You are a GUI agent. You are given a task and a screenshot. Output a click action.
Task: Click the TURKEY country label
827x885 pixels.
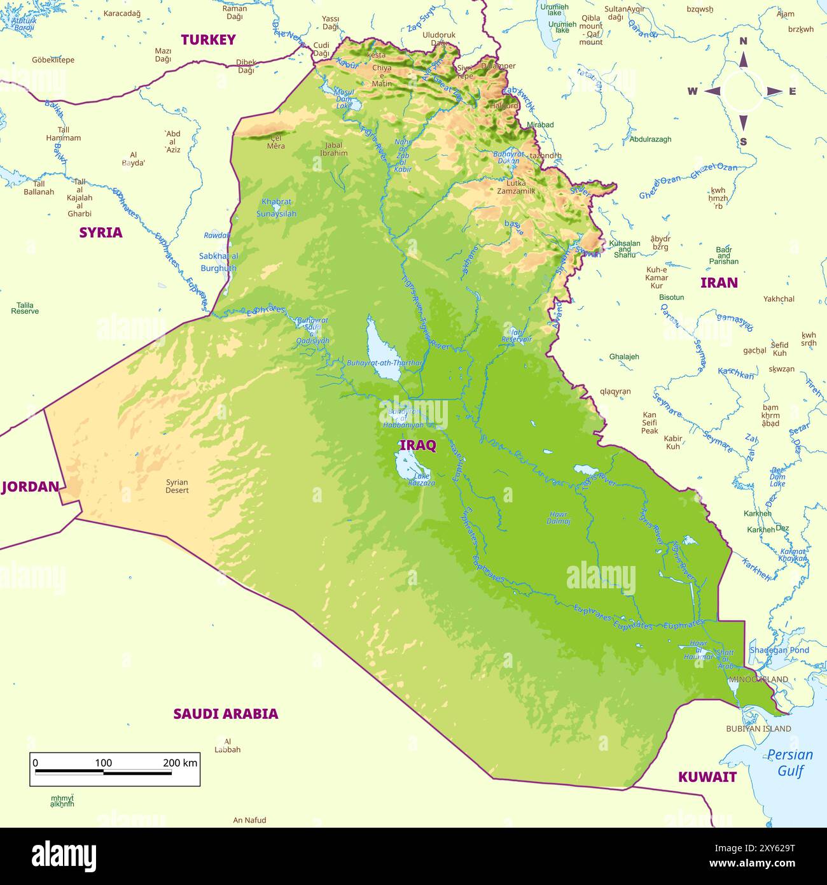208,39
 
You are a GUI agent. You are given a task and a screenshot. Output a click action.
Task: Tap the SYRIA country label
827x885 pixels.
101,232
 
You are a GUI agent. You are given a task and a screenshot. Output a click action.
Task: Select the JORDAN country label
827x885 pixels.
30,487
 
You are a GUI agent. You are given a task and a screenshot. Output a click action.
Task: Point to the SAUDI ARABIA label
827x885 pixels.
226,714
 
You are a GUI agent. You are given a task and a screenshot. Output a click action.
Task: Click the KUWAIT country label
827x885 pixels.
707,777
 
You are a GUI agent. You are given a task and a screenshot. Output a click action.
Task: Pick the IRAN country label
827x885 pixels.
719,283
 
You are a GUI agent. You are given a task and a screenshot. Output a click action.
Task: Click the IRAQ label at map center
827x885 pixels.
417,445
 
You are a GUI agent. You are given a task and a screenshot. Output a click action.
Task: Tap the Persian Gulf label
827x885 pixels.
789,762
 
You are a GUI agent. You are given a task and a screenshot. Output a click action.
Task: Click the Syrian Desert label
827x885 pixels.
177,486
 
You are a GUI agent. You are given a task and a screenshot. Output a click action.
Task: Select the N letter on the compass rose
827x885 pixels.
743,41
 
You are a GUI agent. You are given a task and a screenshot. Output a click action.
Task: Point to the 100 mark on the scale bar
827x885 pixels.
103,763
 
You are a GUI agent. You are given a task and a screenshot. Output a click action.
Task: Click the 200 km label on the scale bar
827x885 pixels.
180,763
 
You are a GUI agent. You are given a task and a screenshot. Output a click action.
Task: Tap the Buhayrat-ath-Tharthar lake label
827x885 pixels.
384,363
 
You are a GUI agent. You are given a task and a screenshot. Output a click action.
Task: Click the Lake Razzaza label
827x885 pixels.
422,479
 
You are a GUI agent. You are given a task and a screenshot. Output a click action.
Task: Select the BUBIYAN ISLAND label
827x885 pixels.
758,728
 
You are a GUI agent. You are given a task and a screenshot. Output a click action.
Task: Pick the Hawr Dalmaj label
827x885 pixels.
558,518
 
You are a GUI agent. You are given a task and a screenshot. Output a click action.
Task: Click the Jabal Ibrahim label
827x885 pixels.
333,149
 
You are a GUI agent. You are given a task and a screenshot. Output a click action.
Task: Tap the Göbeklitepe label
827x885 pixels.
53,60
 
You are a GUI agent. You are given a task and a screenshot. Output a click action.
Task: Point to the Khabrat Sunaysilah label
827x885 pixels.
276,208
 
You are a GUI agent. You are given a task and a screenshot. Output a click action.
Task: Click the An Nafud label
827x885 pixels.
249,820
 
